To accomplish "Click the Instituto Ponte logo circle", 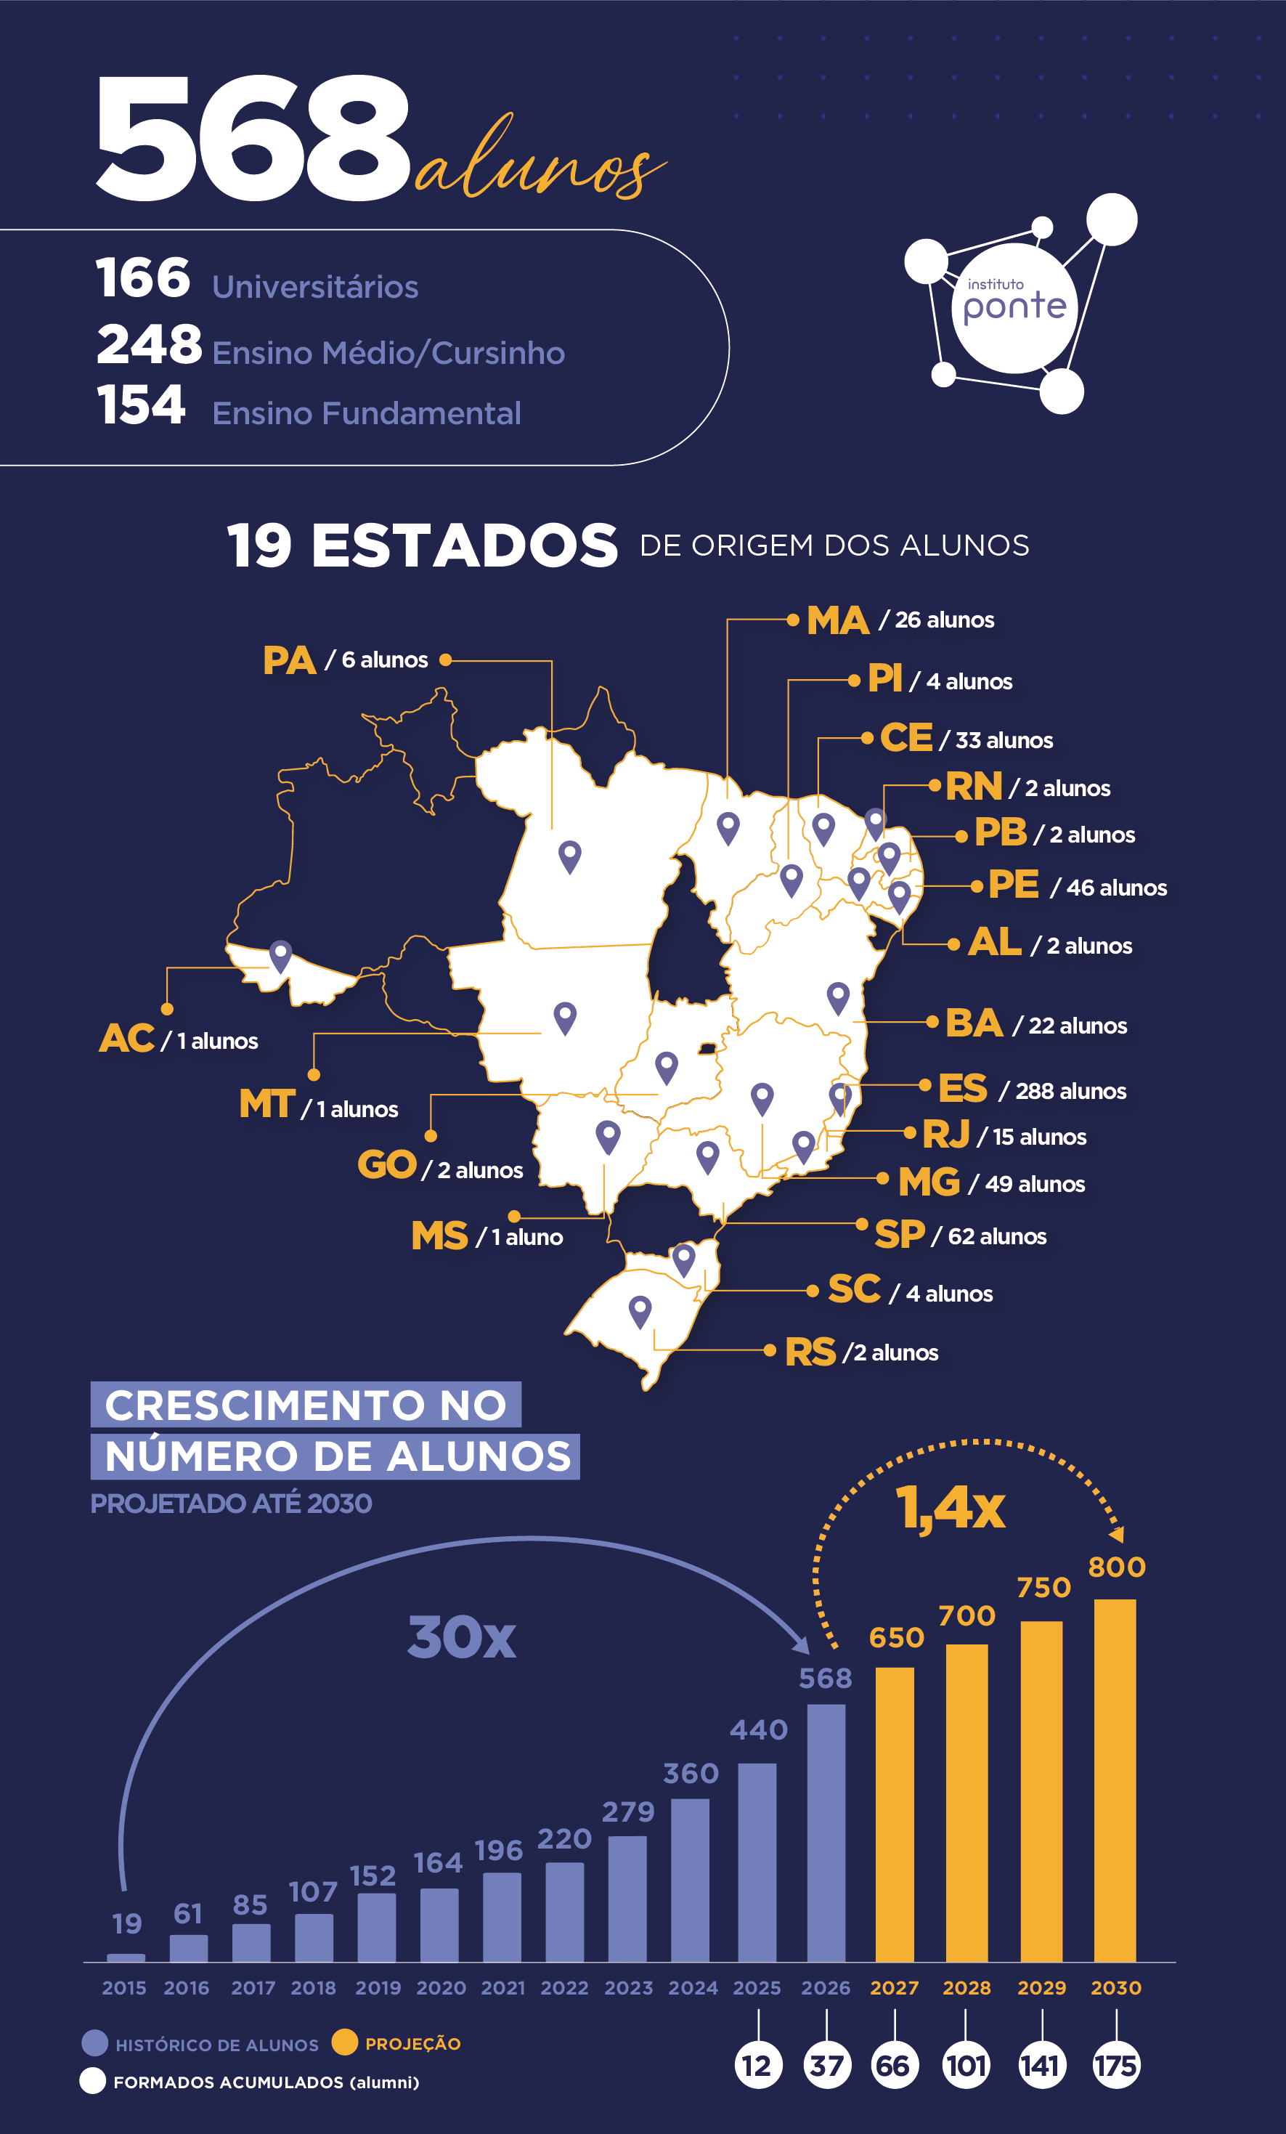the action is point(1014,308).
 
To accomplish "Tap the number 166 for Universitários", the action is point(143,278).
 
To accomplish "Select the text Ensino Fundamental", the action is point(366,413).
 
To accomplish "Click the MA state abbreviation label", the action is point(837,620).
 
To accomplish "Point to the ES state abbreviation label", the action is point(962,1089).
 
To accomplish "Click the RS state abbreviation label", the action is point(810,1352).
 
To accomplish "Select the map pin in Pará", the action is point(570,857).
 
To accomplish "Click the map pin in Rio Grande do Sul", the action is point(640,1312).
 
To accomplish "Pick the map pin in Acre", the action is point(280,957).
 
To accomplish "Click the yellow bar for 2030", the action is point(1115,1781).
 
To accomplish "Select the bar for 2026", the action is point(826,1833).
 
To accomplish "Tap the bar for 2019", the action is point(377,1927).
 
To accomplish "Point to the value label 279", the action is point(629,1812).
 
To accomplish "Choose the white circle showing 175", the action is point(1115,2066).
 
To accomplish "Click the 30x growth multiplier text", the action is point(462,1638).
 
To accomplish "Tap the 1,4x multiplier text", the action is point(950,1508).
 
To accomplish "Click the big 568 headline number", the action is point(253,139).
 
